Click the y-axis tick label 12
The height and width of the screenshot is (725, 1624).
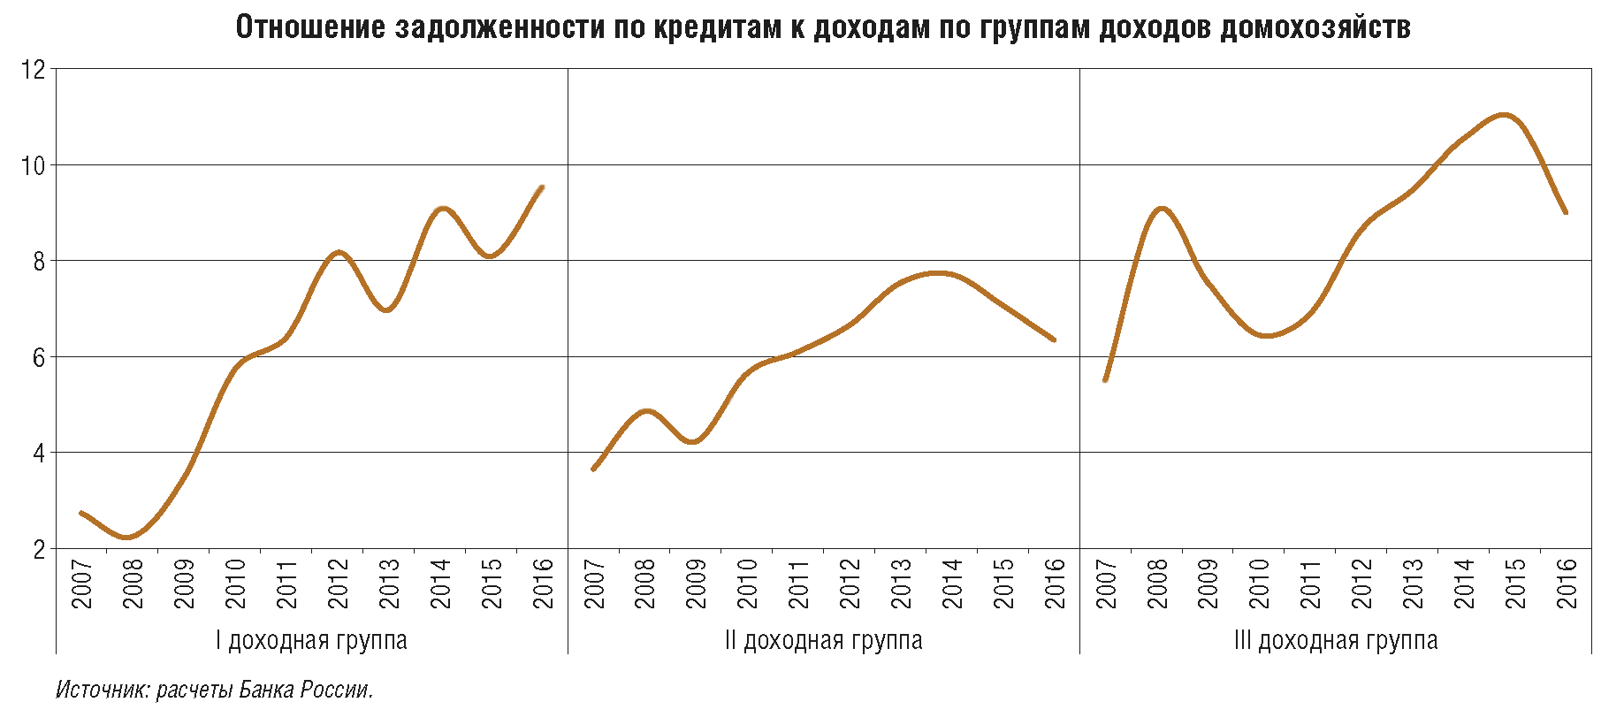click(33, 69)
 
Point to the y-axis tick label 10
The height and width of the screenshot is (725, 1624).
click(33, 165)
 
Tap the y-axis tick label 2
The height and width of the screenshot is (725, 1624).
click(39, 549)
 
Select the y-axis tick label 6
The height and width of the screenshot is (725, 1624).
click(39, 357)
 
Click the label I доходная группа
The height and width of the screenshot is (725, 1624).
click(311, 640)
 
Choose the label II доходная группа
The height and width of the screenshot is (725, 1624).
click(823, 640)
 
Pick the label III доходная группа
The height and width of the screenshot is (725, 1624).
click(1336, 640)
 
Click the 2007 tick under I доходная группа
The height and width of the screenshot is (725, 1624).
click(81, 584)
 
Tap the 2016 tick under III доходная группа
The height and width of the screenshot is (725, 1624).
click(1567, 584)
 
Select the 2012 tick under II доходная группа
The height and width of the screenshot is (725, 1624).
click(850, 584)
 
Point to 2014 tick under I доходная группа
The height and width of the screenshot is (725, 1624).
click(440, 584)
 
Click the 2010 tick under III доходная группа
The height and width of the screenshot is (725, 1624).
click(1259, 584)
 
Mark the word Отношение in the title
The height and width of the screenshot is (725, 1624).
click(310, 27)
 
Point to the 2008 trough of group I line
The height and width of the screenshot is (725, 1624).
click(127, 537)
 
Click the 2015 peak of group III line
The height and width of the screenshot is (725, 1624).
click(1504, 115)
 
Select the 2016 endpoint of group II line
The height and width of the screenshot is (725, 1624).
click(1054, 340)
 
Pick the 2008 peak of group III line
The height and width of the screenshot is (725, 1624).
click(1161, 209)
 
